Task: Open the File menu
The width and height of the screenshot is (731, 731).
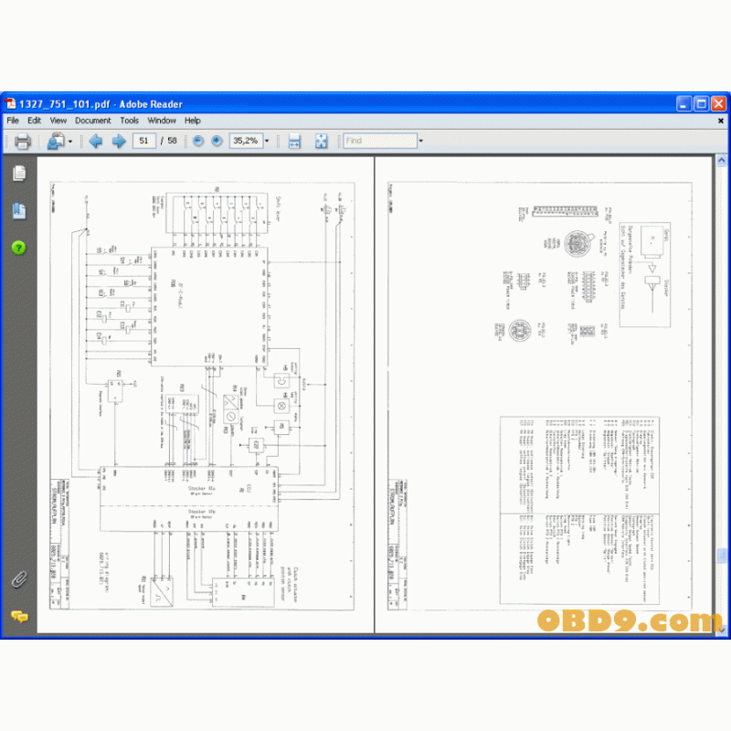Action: (13, 121)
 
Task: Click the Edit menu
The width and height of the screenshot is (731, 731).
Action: (35, 121)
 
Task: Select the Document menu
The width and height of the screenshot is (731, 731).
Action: (92, 121)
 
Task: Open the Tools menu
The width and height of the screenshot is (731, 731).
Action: (130, 121)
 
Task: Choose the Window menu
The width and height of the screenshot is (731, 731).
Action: (162, 121)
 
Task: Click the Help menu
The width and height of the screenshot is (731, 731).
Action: (193, 121)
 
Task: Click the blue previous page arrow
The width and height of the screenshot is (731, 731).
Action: (95, 142)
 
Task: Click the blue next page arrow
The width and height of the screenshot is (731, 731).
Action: (119, 142)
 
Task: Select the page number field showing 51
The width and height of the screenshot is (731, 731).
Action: (143, 142)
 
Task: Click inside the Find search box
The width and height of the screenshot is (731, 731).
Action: (378, 142)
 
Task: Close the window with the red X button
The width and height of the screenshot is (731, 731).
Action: (717, 104)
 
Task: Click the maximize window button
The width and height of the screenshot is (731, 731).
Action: (701, 104)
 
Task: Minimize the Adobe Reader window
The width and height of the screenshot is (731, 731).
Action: (683, 104)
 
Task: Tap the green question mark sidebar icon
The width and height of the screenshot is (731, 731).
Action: (18, 248)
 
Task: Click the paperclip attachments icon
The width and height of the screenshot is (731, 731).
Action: (18, 578)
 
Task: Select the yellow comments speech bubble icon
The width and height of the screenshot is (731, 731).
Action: (18, 617)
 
